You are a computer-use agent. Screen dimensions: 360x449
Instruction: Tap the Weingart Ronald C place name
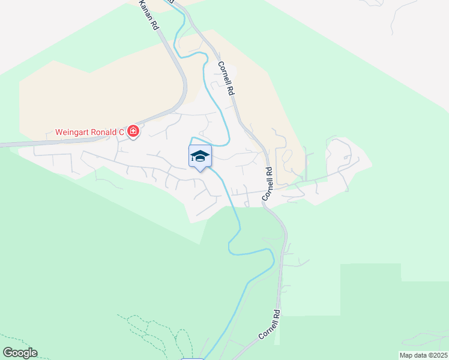(x=89, y=132)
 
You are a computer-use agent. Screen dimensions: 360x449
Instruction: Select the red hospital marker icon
(x=133, y=131)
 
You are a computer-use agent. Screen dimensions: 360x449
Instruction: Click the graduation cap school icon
(x=200, y=157)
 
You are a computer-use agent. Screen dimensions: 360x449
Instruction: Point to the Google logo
(x=19, y=353)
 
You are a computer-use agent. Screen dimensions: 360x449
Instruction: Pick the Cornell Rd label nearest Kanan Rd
(x=225, y=79)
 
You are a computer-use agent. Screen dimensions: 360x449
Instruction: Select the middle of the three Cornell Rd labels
(x=267, y=184)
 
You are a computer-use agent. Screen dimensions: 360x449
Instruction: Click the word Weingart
(x=73, y=132)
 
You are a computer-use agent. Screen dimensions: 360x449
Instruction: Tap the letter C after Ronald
(x=121, y=132)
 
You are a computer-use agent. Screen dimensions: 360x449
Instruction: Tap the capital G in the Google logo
(x=7, y=353)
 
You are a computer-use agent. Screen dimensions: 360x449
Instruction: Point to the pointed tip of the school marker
(x=200, y=172)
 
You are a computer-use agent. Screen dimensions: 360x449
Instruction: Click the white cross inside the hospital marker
(x=133, y=131)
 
